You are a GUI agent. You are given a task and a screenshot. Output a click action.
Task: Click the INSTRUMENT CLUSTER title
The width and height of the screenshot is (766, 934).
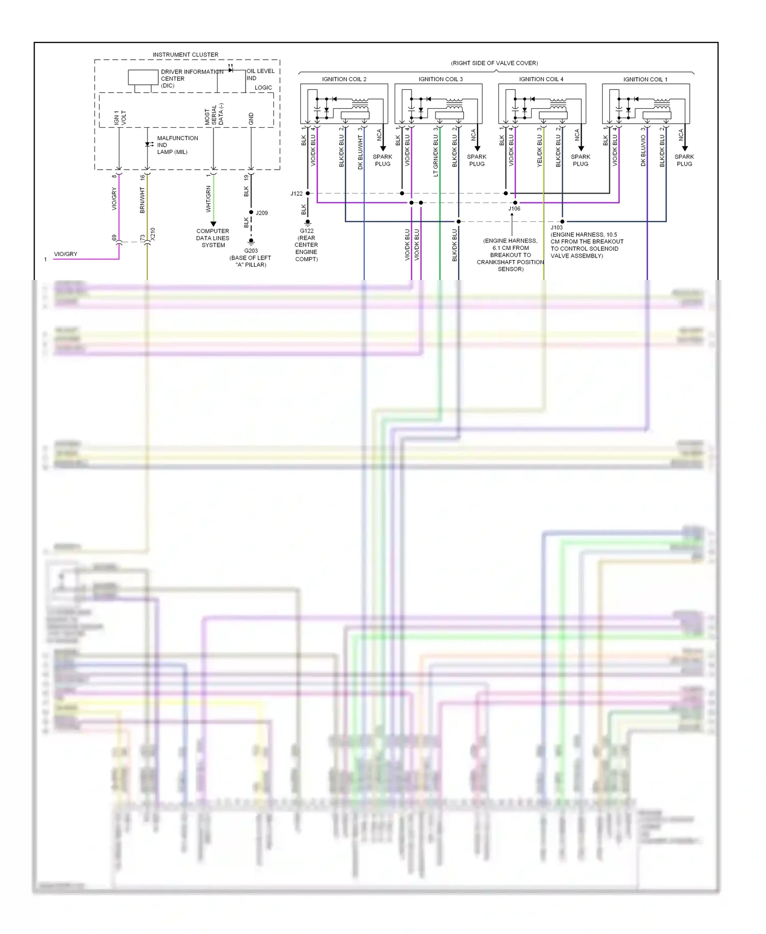point(185,55)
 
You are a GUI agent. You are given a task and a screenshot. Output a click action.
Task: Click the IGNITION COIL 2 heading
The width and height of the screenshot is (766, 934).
point(344,79)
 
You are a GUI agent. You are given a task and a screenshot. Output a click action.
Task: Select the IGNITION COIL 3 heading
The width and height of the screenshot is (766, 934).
point(440,79)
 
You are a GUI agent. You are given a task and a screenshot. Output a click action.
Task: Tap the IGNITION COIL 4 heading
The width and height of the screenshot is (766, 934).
point(541,79)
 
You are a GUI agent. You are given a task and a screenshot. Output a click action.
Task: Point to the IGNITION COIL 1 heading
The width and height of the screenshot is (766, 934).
point(645,79)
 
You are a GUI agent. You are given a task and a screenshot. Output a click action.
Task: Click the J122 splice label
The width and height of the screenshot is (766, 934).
point(296,194)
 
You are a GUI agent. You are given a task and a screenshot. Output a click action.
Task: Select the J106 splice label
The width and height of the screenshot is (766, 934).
point(514,208)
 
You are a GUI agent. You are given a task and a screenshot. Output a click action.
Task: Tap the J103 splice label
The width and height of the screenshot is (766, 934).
point(556,227)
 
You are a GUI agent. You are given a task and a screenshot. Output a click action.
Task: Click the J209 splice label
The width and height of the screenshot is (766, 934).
point(261,213)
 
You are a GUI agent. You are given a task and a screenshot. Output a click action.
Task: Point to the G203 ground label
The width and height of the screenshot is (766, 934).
point(251,251)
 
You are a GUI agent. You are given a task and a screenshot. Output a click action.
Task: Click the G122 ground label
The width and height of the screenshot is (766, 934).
point(306,231)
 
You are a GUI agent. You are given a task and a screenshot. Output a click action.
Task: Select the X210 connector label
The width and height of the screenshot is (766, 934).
point(153,234)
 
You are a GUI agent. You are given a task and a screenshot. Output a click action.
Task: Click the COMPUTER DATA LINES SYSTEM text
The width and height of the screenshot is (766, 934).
point(213,238)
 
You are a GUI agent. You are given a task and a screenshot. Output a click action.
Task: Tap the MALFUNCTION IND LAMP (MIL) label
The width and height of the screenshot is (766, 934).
point(177,145)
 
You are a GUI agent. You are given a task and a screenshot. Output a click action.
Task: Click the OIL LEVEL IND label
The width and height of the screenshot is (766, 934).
point(260,75)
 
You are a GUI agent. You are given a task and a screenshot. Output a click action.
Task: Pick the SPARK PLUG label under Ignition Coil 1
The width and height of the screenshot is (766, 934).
point(684,160)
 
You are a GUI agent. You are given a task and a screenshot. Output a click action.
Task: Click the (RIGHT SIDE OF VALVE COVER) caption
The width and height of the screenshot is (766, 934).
point(494,63)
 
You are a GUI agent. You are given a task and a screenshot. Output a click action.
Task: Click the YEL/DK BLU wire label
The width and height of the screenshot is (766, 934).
point(539,151)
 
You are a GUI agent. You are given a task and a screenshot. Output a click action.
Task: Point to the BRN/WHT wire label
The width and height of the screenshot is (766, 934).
point(142,200)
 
